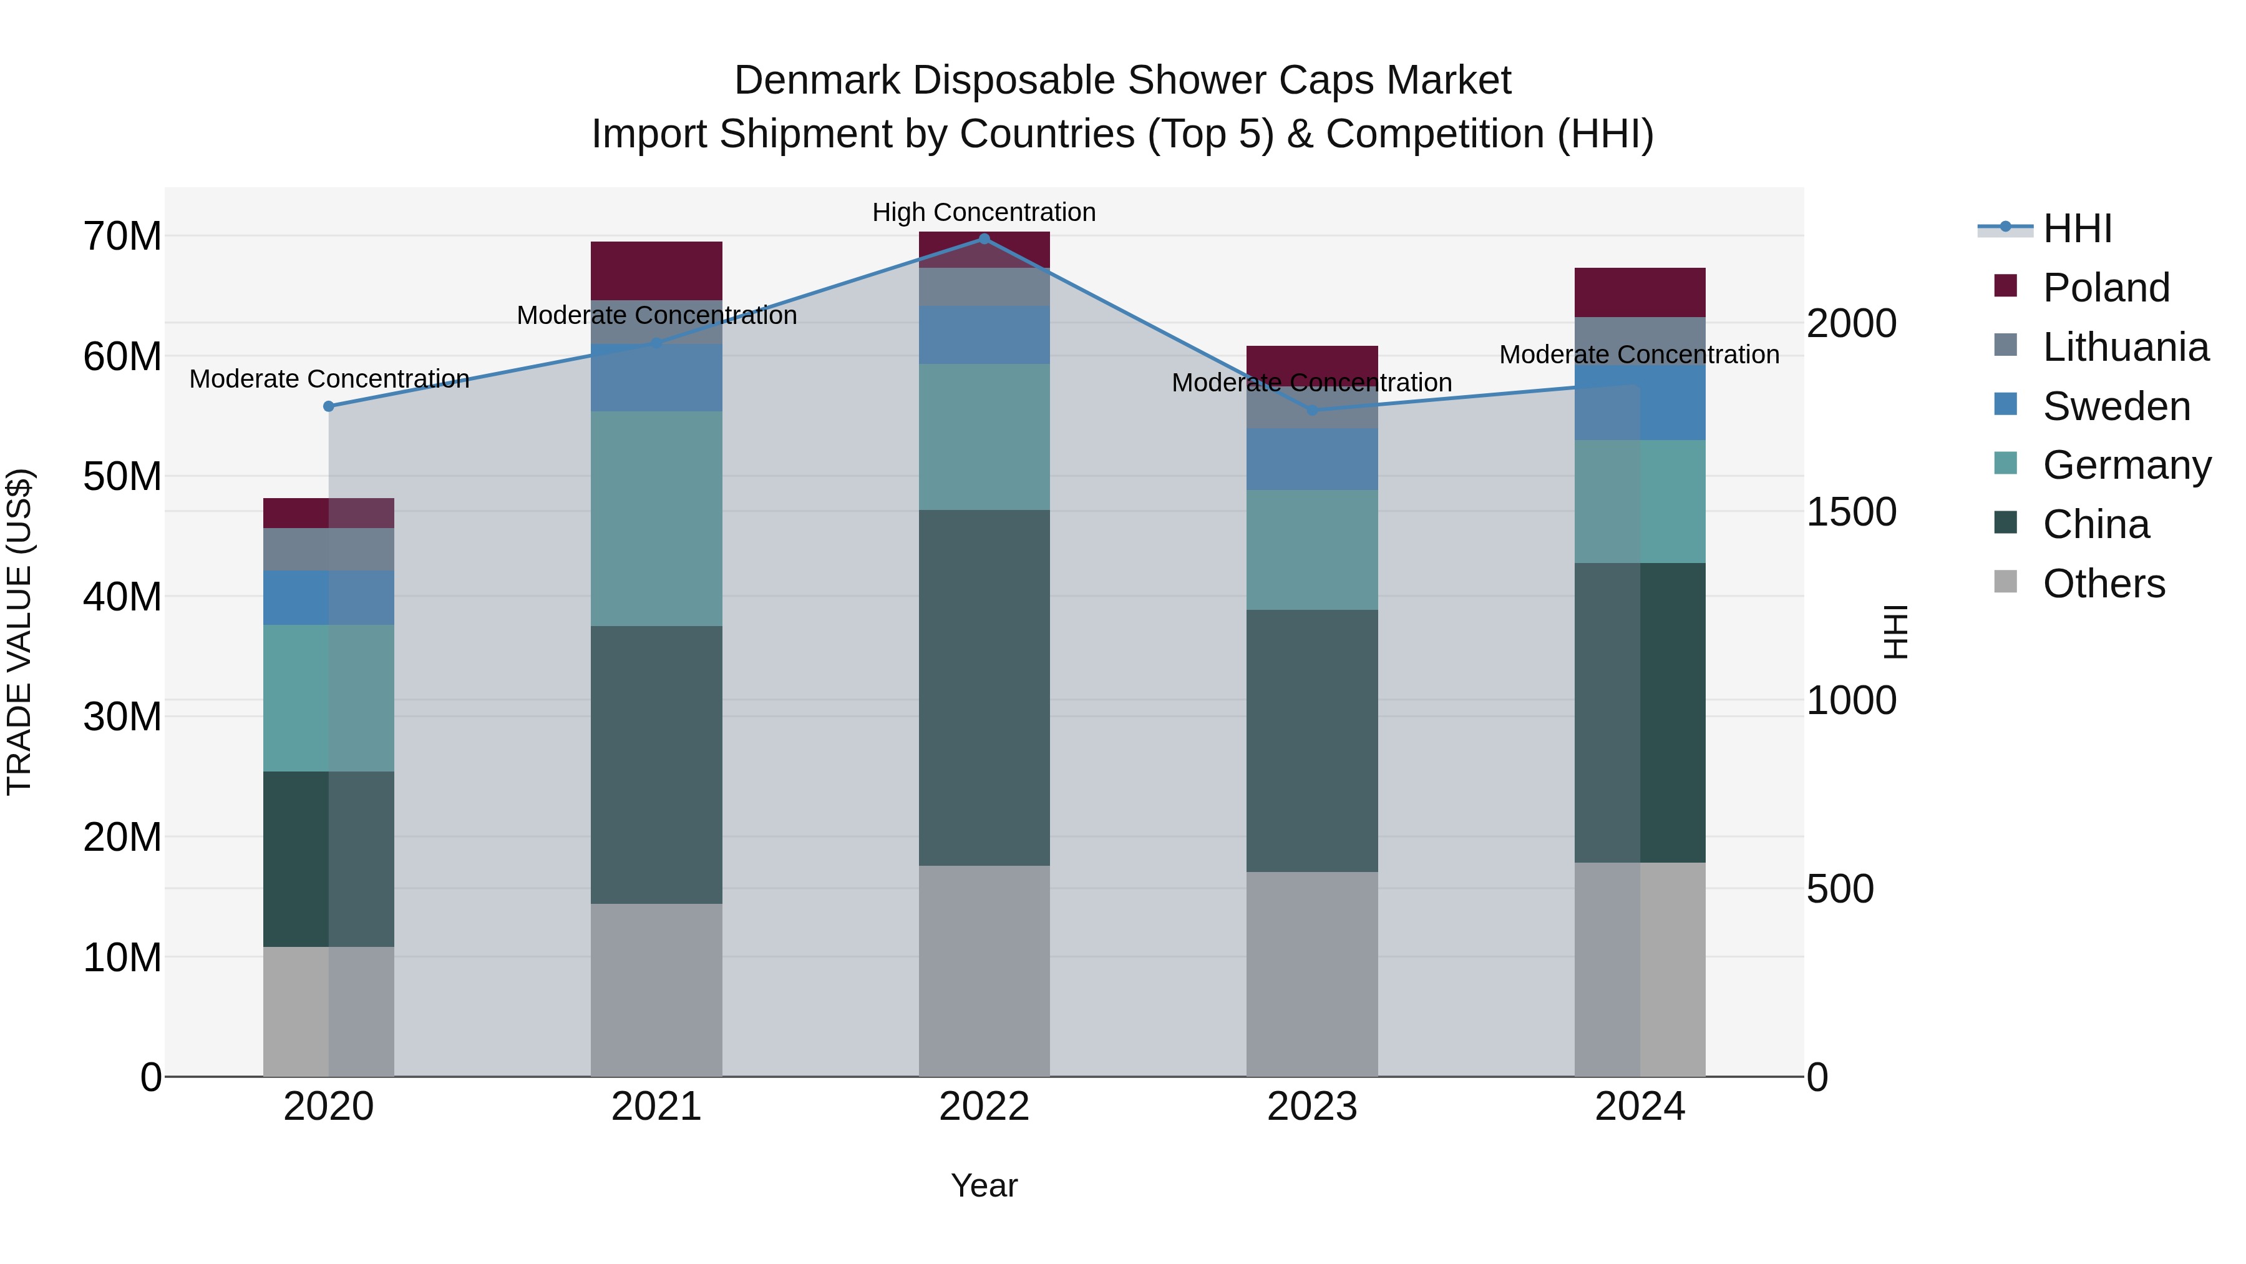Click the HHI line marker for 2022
[984, 239]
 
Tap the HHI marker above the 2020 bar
[329, 406]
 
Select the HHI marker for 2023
[1312, 410]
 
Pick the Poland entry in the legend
[2105, 288]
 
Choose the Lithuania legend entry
[2125, 347]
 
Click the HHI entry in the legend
[2077, 228]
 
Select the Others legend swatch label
[2103, 584]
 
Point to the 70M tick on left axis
[122, 237]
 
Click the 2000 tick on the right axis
[1851, 323]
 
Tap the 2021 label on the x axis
[656, 1107]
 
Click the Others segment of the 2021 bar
[656, 990]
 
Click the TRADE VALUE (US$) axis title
[19, 632]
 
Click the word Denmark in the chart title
[815, 81]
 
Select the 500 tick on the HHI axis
[1840, 889]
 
